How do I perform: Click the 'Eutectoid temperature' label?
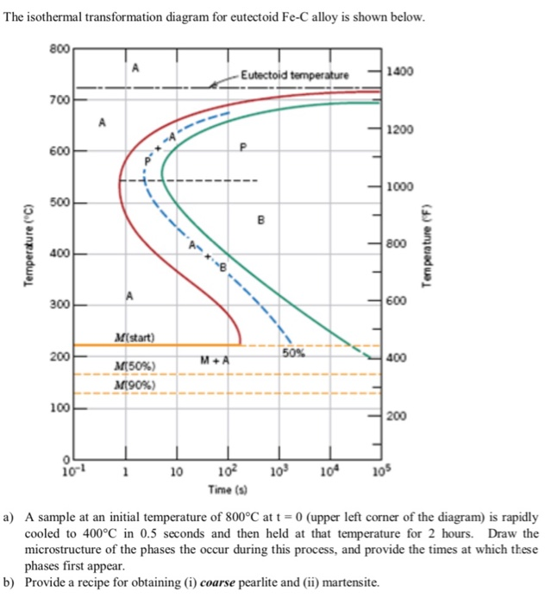tap(295, 76)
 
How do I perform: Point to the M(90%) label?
tap(132, 383)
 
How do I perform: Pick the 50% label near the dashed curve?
tap(294, 352)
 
